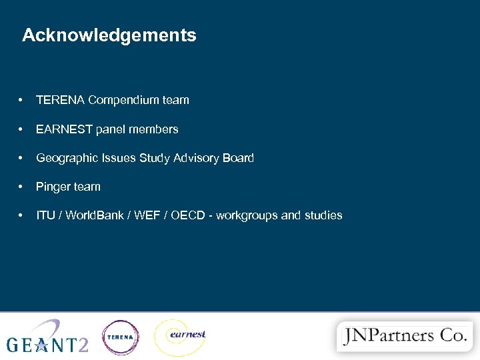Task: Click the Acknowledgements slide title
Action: coord(109,35)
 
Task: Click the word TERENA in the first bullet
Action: coord(60,101)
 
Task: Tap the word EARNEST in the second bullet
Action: coord(64,129)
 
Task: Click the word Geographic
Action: coord(65,159)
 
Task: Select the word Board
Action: coord(239,159)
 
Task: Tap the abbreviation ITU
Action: coord(45,216)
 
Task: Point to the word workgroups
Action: coord(247,216)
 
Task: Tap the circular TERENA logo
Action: coord(121,337)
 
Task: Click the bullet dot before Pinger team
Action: coord(23,187)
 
